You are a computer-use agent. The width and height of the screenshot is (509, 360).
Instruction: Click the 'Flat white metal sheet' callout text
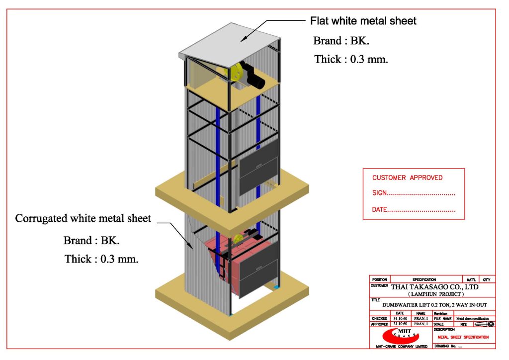click(363, 21)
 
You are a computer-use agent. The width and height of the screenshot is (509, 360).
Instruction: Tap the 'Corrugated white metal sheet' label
click(83, 218)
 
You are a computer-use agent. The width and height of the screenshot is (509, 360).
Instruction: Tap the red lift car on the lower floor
click(219, 259)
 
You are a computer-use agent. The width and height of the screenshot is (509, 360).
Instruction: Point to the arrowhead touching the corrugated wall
click(191, 246)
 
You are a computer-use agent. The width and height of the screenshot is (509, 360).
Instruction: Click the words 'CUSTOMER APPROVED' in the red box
click(407, 178)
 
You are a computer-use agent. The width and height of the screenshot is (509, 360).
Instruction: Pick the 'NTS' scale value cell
click(463, 324)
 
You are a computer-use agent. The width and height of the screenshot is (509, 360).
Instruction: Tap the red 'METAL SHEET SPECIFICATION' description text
click(463, 337)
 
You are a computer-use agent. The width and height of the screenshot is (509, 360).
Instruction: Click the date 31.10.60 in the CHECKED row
click(400, 318)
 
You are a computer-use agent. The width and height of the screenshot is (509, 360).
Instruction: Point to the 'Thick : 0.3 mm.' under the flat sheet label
click(350, 59)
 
